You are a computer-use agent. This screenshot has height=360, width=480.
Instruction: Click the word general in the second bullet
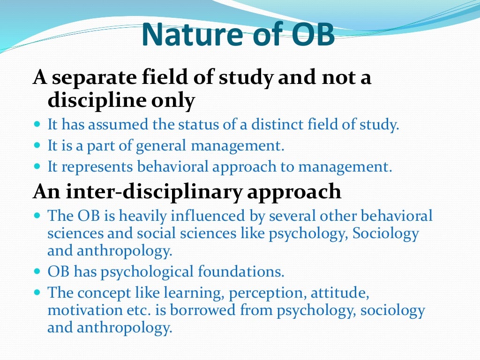coord(162,146)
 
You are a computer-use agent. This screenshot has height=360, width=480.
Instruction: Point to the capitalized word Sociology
coord(385,233)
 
